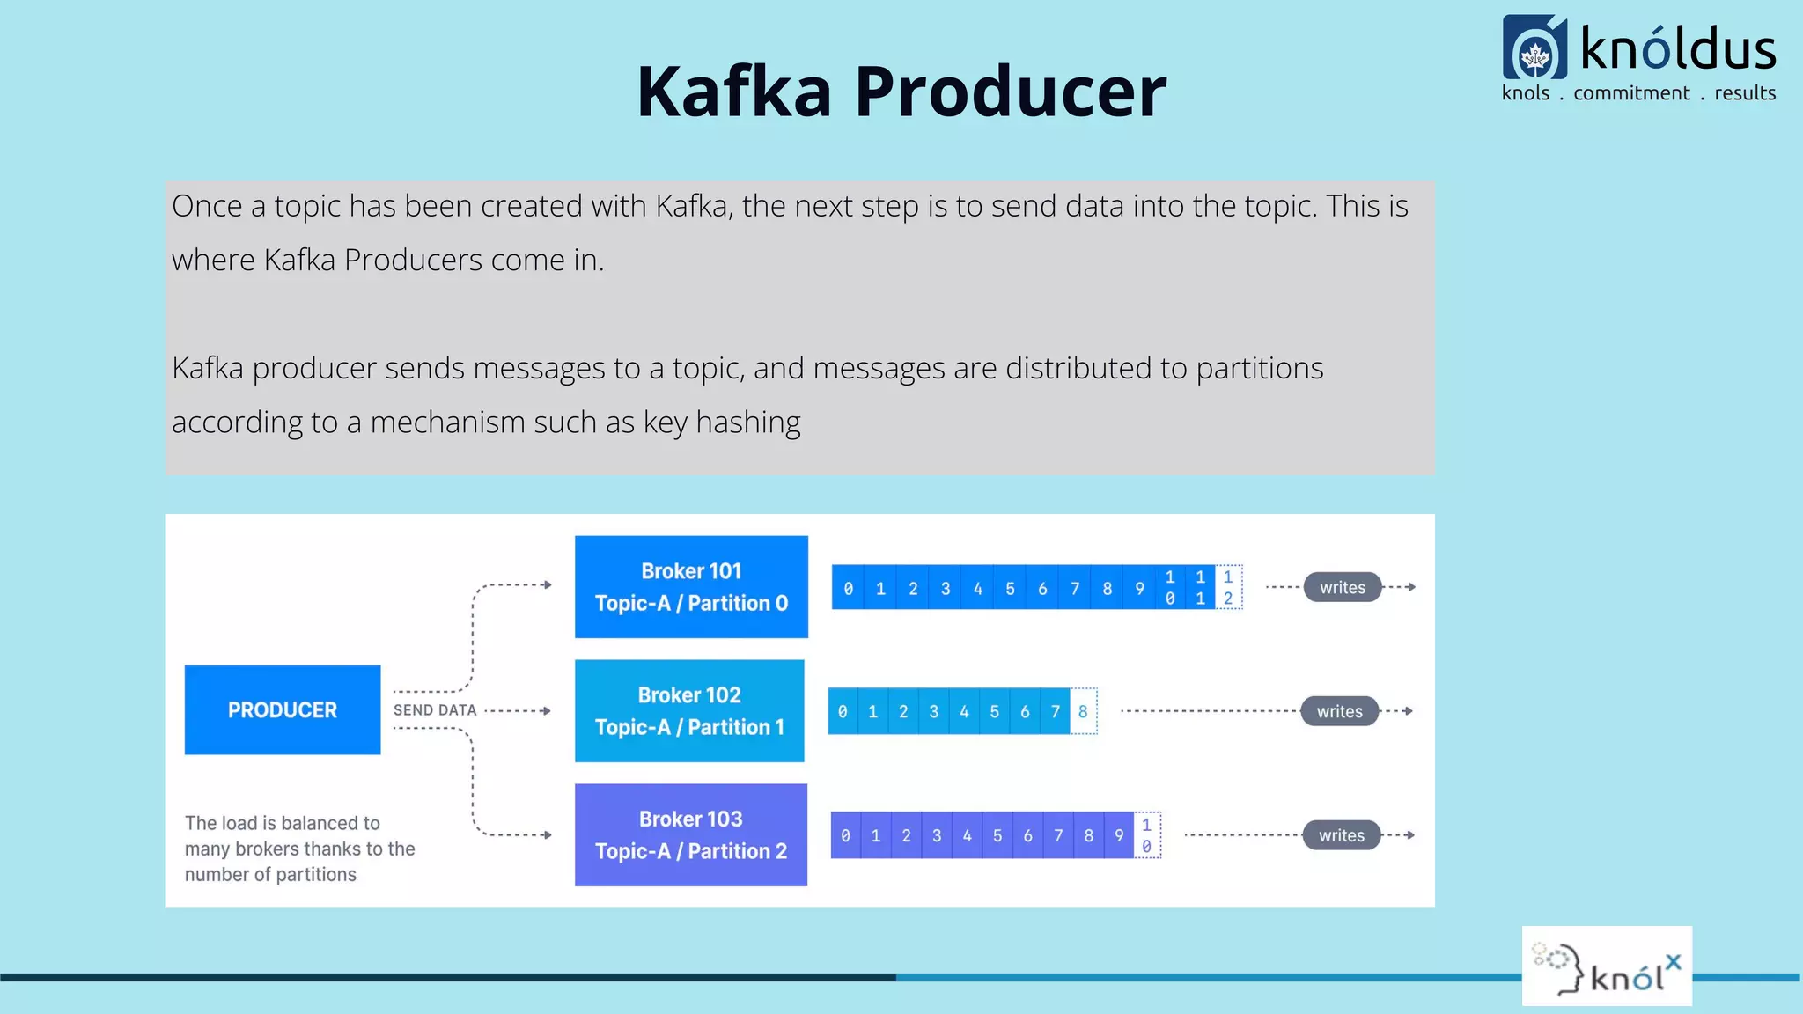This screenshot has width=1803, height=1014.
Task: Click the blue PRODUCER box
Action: point(282,709)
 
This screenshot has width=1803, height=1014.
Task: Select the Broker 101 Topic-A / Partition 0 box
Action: point(691,586)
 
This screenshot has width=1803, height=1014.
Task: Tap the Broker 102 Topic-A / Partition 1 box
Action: point(689,710)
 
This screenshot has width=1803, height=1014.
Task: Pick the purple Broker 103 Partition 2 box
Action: point(691,834)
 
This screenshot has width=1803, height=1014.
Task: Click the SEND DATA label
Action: point(435,710)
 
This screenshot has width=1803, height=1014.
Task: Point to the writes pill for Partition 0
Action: point(1342,587)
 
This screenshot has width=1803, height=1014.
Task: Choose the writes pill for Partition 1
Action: point(1339,711)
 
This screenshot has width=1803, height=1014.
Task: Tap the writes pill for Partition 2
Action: point(1341,835)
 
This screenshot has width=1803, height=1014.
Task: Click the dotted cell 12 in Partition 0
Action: point(1228,587)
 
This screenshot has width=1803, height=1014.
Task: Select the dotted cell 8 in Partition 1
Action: point(1083,711)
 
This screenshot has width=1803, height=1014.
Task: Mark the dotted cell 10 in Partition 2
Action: point(1146,835)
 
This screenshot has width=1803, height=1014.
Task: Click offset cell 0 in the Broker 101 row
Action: point(848,588)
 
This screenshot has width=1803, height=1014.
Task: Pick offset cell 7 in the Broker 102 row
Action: point(1055,711)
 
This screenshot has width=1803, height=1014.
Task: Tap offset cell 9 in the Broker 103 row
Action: point(1119,835)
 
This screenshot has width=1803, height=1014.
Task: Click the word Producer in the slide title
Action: point(1010,92)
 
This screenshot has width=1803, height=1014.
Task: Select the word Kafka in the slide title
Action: point(733,92)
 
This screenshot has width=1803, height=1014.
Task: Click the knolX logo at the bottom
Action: point(1607,966)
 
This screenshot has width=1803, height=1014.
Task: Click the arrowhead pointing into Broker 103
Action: point(548,834)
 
